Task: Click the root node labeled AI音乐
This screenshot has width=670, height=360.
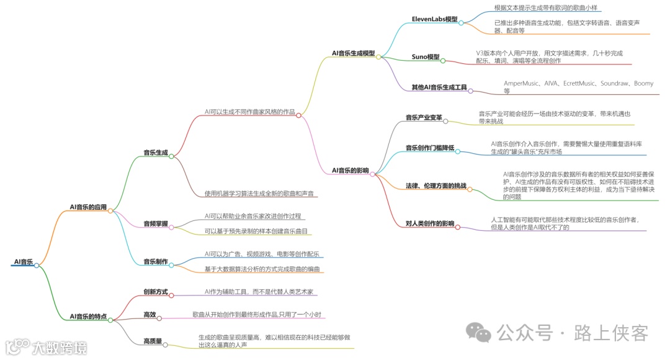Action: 22,262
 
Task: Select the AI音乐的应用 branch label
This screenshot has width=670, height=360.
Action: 88,207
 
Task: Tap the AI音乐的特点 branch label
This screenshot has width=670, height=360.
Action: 88,317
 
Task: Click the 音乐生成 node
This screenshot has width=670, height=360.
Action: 155,151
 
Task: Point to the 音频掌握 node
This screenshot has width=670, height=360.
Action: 155,223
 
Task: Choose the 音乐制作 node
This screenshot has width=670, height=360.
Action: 155,261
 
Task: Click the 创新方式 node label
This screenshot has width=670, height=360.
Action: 155,292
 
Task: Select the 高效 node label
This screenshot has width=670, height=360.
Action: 150,315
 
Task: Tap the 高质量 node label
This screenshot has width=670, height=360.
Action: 153,341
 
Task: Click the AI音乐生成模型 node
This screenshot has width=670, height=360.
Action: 353,53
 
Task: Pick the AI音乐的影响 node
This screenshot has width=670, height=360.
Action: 350,170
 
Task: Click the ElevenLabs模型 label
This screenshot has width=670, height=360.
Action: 434,19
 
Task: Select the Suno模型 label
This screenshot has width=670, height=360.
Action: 425,57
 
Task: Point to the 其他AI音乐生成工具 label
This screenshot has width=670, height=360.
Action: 439,88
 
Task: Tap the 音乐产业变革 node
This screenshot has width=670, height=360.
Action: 424,117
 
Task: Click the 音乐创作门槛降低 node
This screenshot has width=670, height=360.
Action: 430,148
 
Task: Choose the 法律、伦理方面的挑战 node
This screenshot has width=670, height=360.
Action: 435,186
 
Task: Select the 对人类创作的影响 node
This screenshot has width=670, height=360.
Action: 429,223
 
